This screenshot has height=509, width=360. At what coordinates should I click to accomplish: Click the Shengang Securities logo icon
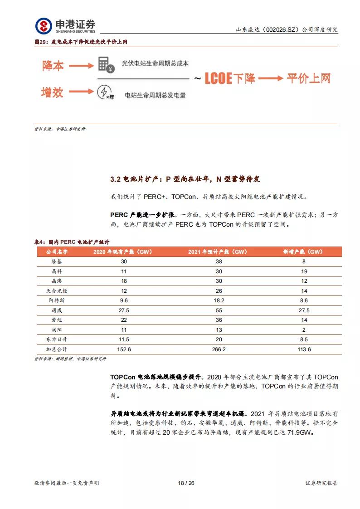point(44,26)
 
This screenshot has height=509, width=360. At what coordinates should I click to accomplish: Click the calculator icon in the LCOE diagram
point(104,64)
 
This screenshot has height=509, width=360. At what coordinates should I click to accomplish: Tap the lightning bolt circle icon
point(103,92)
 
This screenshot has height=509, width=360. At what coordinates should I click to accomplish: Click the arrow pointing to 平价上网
point(271,78)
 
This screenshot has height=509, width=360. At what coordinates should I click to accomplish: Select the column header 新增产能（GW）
point(303,252)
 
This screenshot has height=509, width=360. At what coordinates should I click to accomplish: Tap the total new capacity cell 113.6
point(303,349)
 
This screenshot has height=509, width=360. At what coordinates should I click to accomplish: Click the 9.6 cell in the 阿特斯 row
point(111,300)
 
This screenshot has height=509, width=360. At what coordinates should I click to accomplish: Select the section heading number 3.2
point(115,179)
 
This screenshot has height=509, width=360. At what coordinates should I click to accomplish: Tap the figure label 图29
point(41,42)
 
